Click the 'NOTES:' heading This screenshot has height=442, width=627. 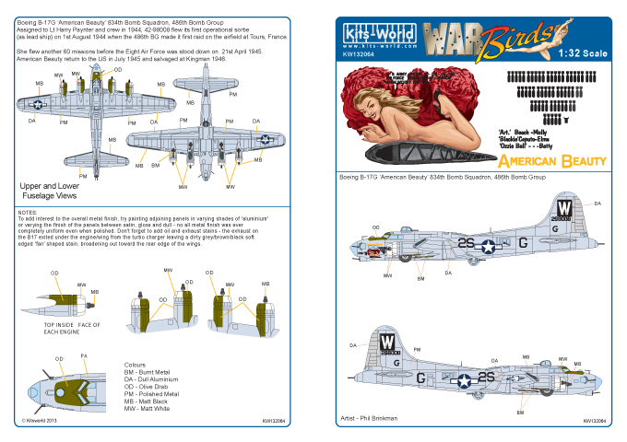pyautogui.click(x=29, y=211)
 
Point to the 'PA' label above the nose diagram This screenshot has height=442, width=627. pyautogui.click(x=84, y=355)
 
